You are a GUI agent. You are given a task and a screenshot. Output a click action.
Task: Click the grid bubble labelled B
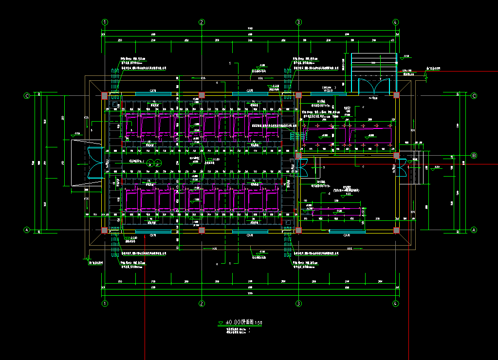click(474, 155)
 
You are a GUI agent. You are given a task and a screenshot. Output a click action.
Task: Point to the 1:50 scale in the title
click(259, 323)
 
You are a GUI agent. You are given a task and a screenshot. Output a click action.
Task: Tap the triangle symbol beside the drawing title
click(221, 322)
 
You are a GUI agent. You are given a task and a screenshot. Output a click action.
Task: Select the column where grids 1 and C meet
click(104, 95)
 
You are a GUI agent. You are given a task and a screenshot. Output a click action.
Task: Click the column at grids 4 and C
click(396, 95)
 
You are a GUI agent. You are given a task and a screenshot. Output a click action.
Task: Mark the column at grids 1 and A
click(104, 230)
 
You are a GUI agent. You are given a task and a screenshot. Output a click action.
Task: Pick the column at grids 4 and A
click(396, 230)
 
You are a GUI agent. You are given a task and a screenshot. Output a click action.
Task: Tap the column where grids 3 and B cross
click(298, 156)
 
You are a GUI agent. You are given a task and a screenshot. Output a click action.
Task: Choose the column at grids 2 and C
click(202, 95)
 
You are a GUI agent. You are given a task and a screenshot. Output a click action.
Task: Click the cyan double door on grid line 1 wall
click(95, 162)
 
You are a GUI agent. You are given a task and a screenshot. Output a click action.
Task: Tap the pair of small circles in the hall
click(154, 162)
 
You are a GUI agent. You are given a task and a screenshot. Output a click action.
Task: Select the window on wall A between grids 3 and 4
click(347, 232)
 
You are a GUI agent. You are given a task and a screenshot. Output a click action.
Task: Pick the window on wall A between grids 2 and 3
click(249, 232)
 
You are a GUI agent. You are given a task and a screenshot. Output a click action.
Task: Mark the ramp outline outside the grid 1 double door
click(80, 163)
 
